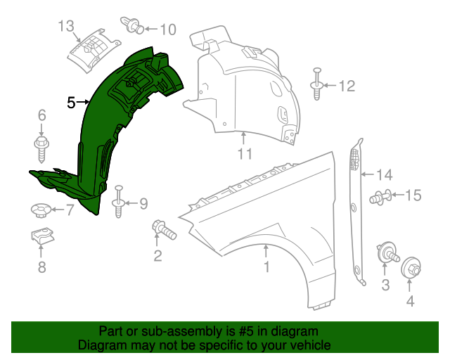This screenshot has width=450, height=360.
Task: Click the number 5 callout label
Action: [70, 103]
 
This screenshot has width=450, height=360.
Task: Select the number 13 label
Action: [65, 27]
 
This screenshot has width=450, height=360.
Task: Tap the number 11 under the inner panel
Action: [243, 153]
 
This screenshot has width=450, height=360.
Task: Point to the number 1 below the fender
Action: [266, 266]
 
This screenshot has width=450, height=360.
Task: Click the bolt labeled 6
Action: [41, 148]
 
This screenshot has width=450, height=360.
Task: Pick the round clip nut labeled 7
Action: [41, 209]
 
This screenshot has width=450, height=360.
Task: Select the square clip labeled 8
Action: [42, 239]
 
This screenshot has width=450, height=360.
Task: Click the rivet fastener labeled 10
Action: [131, 25]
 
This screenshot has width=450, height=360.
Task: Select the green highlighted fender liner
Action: [105, 134]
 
